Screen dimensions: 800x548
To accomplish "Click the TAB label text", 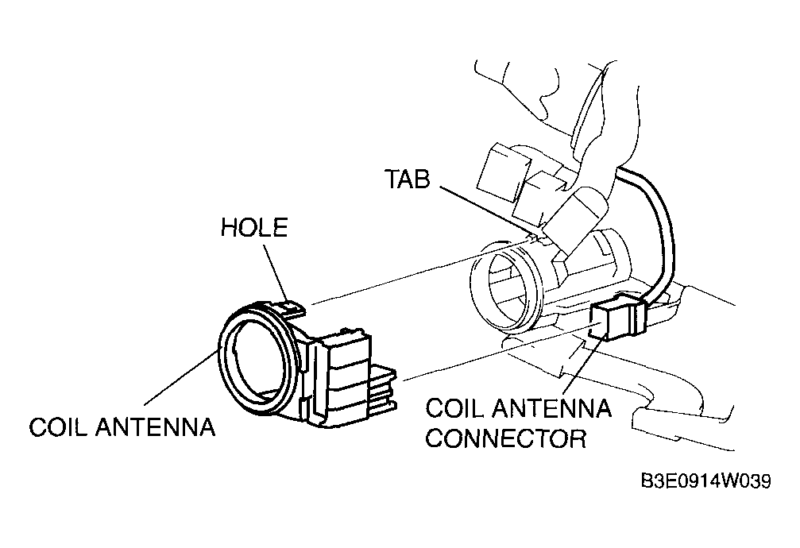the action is [x=407, y=179].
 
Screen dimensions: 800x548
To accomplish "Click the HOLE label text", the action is [x=254, y=228].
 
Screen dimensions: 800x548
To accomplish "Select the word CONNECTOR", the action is [x=505, y=438].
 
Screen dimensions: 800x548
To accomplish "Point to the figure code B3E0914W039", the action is [x=706, y=480].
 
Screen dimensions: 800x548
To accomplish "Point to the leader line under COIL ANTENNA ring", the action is [x=181, y=376].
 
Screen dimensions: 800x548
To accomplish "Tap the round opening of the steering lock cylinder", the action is [x=505, y=289].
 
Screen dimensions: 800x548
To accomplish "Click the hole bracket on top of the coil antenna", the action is [x=286, y=307].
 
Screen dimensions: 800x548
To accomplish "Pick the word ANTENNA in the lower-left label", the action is [x=155, y=426].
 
